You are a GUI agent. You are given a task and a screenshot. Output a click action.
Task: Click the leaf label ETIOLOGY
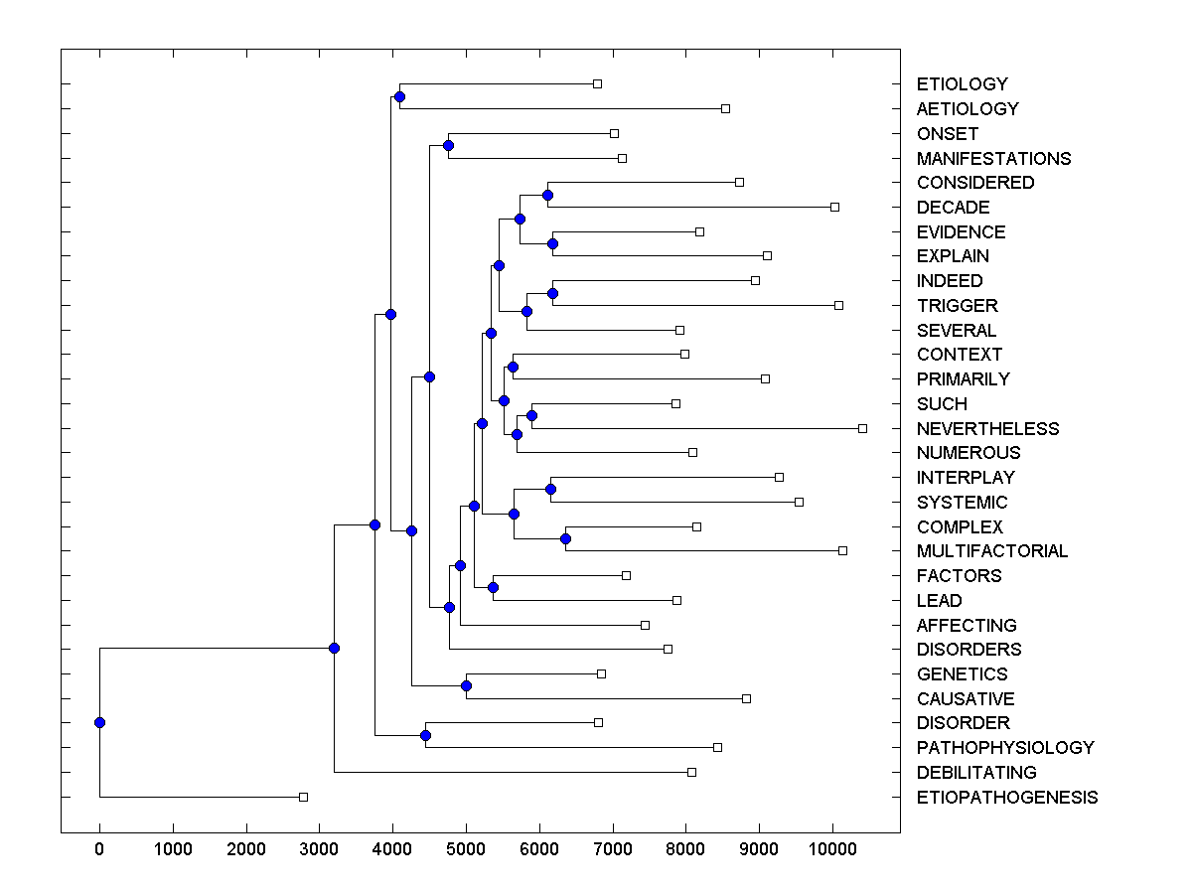(948, 84)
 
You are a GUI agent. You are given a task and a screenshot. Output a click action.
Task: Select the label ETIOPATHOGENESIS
(1007, 798)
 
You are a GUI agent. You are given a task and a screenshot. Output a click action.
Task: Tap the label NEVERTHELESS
(987, 429)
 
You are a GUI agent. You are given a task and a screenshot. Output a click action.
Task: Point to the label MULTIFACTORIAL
(992, 551)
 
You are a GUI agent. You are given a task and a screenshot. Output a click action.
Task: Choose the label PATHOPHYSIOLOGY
(1005, 748)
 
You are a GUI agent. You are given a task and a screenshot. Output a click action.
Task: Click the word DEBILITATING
(976, 773)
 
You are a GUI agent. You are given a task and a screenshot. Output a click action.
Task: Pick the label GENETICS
(962, 674)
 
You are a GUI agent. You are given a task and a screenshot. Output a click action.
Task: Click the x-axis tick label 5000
(466, 848)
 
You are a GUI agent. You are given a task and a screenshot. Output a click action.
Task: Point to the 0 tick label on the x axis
(99, 848)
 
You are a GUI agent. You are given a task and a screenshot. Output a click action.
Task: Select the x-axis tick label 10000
(832, 848)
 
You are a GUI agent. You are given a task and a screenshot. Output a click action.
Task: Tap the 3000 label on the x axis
(319, 848)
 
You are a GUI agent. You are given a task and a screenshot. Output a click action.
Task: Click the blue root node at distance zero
(99, 723)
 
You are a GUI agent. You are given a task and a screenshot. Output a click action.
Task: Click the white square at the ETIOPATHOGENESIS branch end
(304, 797)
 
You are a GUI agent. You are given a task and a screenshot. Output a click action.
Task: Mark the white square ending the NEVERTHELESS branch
(862, 428)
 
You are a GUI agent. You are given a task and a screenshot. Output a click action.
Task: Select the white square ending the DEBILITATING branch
(692, 772)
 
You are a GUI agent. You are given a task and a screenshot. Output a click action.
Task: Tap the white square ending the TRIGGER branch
(838, 305)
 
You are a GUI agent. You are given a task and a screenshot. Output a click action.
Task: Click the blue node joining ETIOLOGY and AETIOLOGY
(399, 96)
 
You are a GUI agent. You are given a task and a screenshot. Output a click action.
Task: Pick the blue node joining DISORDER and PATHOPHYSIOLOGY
(425, 736)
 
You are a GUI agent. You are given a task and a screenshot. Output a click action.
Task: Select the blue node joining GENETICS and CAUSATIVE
(466, 686)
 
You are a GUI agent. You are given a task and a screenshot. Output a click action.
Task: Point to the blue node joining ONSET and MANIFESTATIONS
(448, 146)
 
